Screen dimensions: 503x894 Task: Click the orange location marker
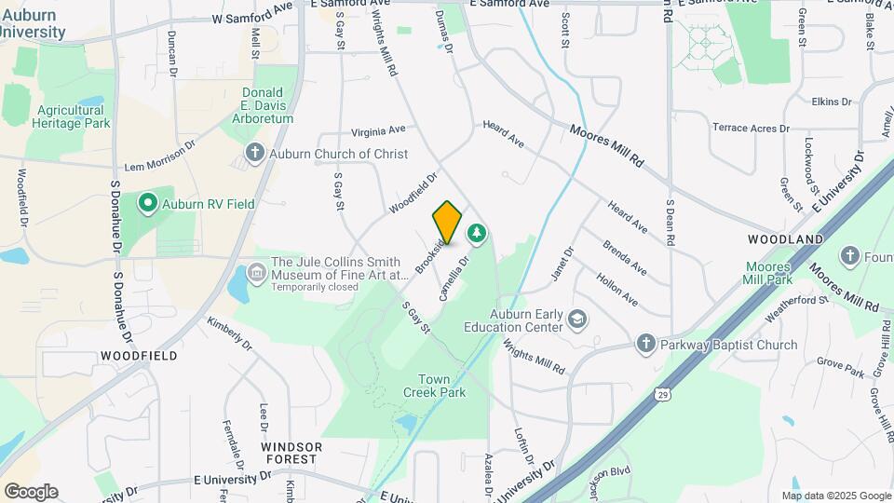447,222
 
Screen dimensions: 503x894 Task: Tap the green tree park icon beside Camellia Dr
477,232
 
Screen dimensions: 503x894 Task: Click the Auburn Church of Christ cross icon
254,154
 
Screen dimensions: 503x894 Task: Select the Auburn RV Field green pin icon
147,203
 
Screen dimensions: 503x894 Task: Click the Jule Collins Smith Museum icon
256,273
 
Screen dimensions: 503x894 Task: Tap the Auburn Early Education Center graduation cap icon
577,319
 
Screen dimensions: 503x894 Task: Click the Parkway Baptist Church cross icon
645,345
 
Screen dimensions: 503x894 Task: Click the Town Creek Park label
440,386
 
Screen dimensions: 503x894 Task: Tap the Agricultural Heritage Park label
72,116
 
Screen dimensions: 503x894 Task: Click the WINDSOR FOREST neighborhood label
291,453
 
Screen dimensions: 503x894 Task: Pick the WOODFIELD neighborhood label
139,356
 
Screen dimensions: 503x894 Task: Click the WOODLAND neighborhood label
786,239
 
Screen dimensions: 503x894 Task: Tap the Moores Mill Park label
767,273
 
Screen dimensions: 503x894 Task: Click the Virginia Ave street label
378,130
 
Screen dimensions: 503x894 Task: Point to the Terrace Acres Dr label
751,128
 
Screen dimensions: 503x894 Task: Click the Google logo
31,491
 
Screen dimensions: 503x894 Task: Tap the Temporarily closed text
315,287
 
